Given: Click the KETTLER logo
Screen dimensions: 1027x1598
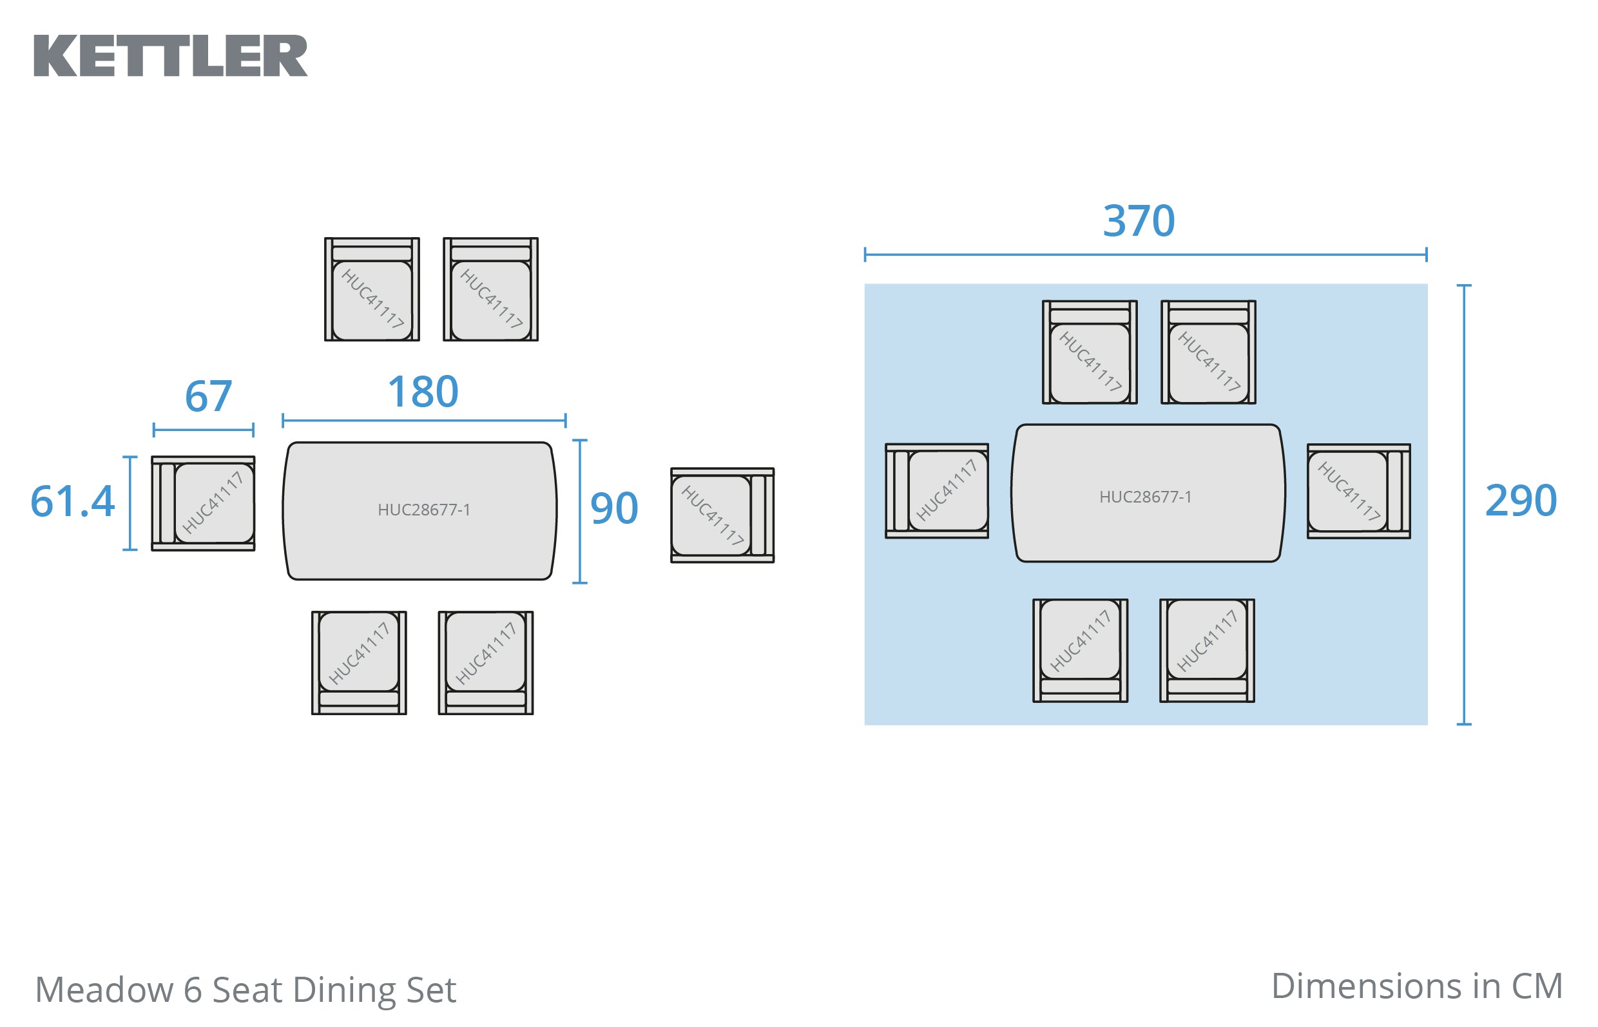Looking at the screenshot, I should [x=171, y=56].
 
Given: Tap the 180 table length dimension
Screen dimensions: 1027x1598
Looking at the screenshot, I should [x=423, y=392].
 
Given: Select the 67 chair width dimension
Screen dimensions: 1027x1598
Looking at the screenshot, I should [x=208, y=396].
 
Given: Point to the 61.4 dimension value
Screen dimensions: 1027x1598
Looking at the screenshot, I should [x=73, y=501].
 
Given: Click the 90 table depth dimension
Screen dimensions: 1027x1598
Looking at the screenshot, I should [x=614, y=509].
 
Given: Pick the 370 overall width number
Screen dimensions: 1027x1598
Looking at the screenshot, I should [x=1139, y=222].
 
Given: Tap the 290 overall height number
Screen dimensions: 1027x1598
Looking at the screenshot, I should [x=1521, y=501].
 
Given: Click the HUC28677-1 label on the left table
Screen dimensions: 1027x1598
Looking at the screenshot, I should [x=423, y=510].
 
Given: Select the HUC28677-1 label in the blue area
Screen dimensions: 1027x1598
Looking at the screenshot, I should [x=1145, y=497].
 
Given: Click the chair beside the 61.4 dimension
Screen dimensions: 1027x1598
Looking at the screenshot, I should [x=204, y=503].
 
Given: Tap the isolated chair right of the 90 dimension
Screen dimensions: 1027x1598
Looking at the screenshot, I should [x=722, y=515].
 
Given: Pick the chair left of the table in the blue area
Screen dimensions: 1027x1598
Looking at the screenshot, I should [x=937, y=491].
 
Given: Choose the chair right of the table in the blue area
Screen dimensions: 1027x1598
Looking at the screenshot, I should [x=1358, y=491].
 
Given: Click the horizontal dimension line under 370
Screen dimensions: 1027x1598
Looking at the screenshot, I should [x=1145, y=254].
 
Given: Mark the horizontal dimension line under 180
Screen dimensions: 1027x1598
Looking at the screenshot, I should [x=423, y=421].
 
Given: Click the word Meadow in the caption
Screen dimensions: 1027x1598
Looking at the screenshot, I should [x=103, y=990].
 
